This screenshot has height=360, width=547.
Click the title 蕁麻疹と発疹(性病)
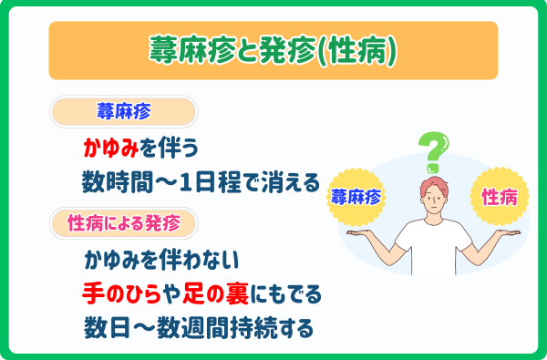pyautogui.click(x=273, y=51)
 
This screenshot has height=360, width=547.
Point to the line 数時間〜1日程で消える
pyautogui.click(x=201, y=180)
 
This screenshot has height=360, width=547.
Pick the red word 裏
pyautogui.click(x=248, y=293)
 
